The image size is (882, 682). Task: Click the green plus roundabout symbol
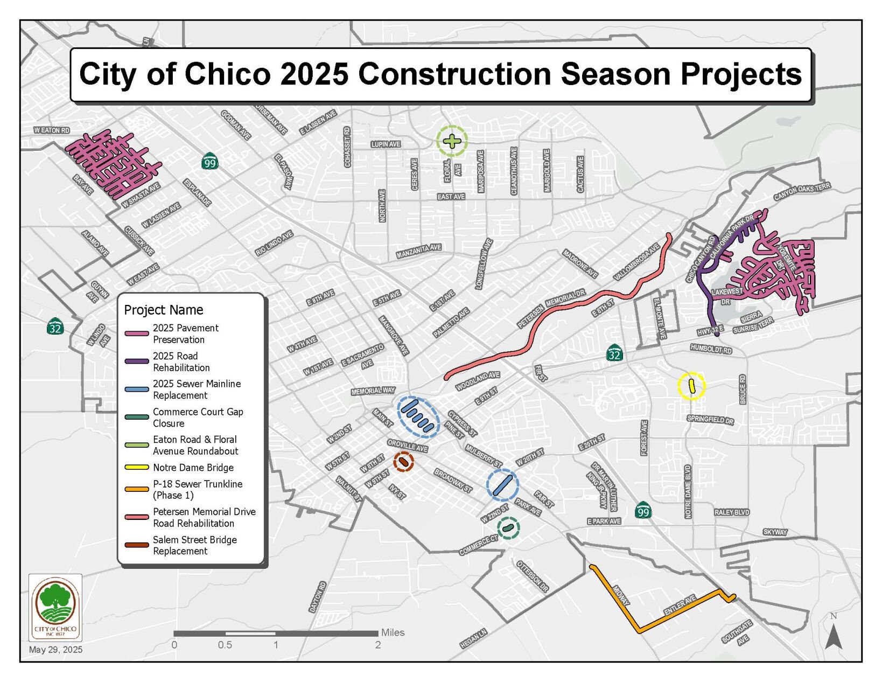tap(452, 142)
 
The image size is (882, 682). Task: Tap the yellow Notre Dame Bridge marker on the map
tap(691, 386)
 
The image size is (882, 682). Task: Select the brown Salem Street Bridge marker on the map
tap(403, 462)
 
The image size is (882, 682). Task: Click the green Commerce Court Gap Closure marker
tap(508, 528)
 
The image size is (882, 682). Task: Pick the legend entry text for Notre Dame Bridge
tap(193, 468)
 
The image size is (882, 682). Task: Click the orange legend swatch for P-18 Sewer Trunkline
tap(137, 489)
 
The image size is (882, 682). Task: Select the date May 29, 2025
tap(55, 650)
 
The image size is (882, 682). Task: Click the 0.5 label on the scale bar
tap(225, 645)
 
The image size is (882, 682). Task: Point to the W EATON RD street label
tap(52, 130)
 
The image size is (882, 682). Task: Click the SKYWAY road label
tap(775, 532)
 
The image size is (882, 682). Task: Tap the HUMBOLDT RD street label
tap(711, 349)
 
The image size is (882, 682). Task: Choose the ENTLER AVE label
tap(680, 605)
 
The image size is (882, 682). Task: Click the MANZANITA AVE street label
tap(419, 251)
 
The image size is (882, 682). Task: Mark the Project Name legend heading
tap(164, 310)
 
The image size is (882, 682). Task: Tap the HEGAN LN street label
tap(473, 638)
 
